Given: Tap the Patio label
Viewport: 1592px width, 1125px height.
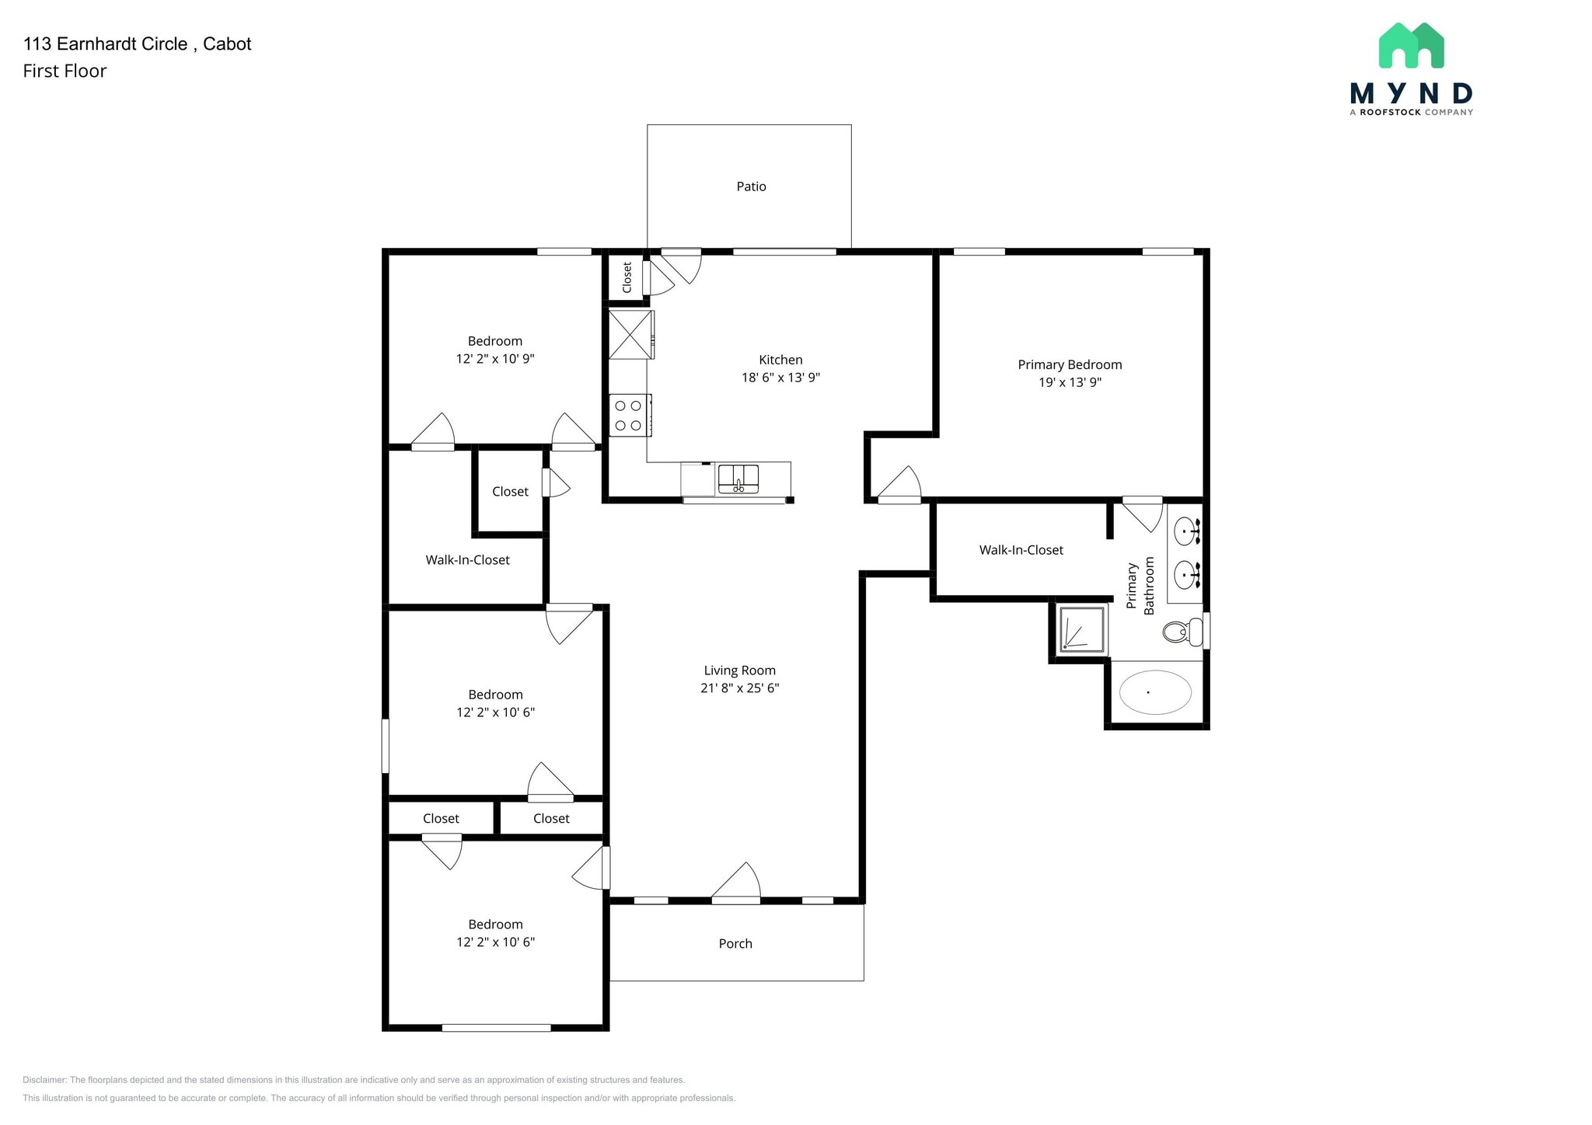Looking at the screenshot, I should coord(751,186).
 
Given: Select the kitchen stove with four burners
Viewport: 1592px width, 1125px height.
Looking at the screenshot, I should coord(629,416).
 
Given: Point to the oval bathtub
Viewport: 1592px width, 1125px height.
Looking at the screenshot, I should coord(1154,692).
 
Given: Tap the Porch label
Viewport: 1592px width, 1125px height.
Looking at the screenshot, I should coord(735,943).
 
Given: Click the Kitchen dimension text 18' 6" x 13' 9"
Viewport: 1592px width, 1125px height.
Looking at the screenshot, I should coord(780,378).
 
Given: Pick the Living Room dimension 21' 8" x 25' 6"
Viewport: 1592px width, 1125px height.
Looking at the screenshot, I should coord(739,688).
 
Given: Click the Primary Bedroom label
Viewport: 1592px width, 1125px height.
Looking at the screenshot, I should coord(1070,364).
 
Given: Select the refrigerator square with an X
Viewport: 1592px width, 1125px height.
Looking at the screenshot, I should coord(630,335).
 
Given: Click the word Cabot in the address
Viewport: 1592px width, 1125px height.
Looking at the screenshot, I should coord(227,44).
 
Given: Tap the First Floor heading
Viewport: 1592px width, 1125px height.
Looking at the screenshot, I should coord(65,71).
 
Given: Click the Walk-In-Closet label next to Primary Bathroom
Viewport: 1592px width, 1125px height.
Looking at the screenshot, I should coord(1021,550).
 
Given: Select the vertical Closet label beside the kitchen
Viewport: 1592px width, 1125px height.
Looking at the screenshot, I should coord(627,277).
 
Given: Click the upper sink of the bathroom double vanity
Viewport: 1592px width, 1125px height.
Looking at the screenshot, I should coord(1186,531).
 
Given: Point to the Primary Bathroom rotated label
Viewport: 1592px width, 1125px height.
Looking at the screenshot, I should coord(1140,585).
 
